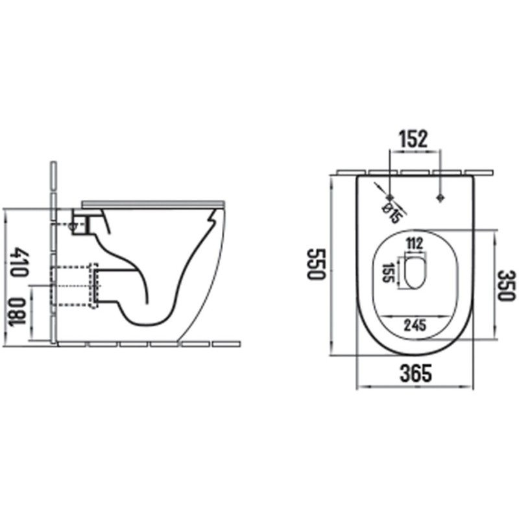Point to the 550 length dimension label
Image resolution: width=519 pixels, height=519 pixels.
coord(315,264)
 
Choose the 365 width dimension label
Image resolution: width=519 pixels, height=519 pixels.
coord(415,372)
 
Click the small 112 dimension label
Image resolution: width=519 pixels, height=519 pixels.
coord(414,244)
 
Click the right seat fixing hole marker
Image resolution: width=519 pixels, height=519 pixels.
coord(441,197)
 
